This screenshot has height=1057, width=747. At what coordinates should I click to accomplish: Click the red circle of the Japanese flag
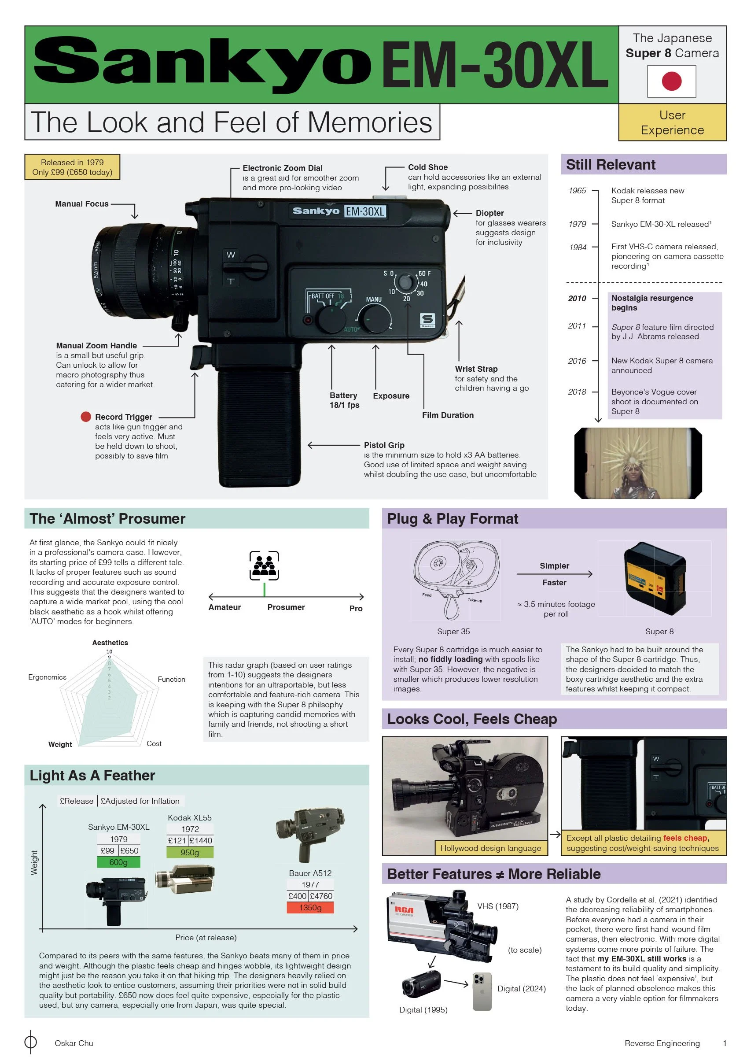point(672,81)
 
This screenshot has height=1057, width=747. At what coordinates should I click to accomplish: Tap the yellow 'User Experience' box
point(672,122)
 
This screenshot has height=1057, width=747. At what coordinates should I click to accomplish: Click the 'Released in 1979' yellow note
point(72,166)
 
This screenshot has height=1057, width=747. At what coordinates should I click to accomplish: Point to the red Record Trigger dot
point(85,417)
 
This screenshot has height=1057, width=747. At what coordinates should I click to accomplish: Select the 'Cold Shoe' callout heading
point(427,167)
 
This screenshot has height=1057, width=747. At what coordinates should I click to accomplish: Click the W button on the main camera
point(231,255)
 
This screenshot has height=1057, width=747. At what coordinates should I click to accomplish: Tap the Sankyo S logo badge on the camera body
point(427,321)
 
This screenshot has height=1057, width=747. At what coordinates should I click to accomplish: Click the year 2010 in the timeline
point(577,298)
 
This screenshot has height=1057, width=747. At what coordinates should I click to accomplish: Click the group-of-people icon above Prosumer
point(264,565)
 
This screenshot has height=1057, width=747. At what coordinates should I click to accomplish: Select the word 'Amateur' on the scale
point(224,607)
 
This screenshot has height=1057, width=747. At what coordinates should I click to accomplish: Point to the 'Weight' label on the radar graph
point(60,744)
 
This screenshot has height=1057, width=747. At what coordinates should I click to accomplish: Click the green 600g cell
point(118,862)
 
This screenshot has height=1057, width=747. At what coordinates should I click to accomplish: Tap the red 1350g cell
point(310,907)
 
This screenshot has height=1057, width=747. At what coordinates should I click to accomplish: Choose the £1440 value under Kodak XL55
point(201,840)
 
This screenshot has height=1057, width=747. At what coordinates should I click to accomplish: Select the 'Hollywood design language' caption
point(491,848)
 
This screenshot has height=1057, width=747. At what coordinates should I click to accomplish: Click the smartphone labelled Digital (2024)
point(482,991)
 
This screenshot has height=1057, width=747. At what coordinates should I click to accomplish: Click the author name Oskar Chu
point(74,1043)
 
